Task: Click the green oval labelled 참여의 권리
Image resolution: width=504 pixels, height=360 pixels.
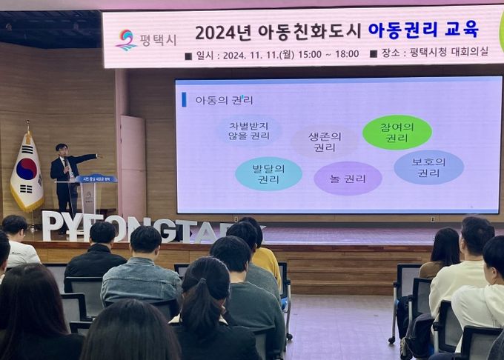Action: tap(397, 132)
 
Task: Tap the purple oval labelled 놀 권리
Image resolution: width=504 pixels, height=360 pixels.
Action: tap(348, 179)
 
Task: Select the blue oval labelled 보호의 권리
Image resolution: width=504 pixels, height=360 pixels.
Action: tap(428, 167)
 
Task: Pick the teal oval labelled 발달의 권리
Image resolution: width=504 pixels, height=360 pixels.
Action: tap(268, 173)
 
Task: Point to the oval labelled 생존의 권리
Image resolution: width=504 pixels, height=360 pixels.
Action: tap(324, 141)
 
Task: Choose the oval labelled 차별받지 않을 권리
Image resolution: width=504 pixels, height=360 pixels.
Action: tap(249, 131)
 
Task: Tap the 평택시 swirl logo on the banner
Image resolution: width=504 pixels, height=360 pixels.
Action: tap(126, 39)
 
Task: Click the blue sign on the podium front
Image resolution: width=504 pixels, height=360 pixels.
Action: tap(96, 179)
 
